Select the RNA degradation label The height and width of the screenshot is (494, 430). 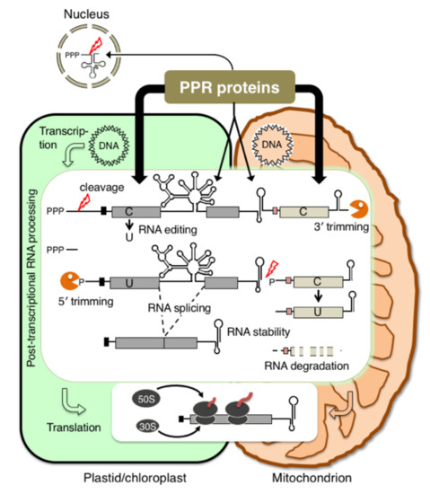[305, 366]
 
